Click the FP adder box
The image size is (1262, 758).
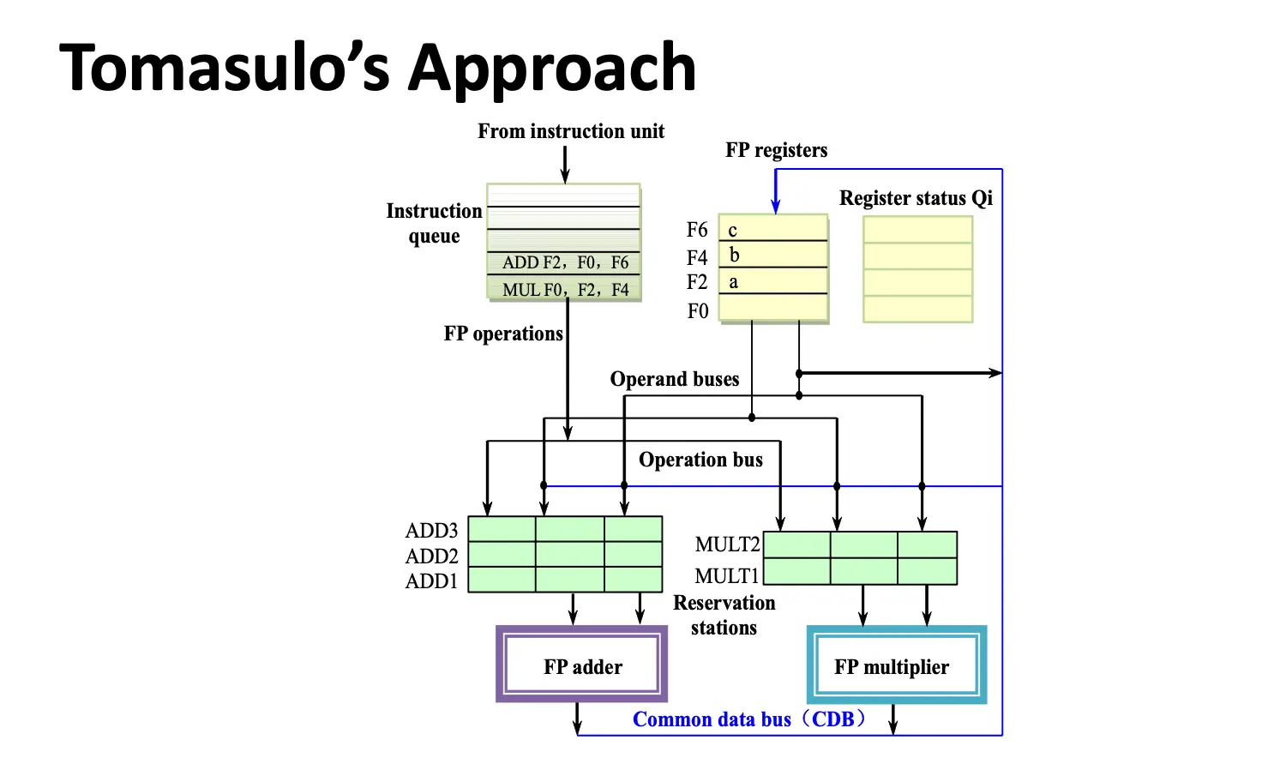tap(582, 665)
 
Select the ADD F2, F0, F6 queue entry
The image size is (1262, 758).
tap(564, 262)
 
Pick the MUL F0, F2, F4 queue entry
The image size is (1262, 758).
tap(564, 290)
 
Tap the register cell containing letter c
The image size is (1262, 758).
tap(772, 229)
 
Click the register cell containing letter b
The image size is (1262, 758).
tap(772, 255)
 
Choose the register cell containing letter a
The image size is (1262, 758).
tap(772, 281)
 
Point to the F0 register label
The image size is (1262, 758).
tap(698, 311)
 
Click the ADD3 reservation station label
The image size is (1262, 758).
tap(431, 531)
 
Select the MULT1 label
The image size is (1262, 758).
tap(727, 576)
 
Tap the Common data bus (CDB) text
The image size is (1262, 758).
tap(749, 719)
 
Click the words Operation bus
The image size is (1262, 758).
tap(700, 460)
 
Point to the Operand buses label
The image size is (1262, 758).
tap(675, 379)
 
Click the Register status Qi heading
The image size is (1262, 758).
tap(916, 198)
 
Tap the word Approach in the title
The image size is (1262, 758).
tap(552, 69)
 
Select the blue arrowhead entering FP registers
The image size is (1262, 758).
tap(775, 206)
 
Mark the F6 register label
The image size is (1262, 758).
tap(697, 230)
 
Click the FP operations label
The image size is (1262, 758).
tap(503, 334)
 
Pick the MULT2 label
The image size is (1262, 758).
tap(727, 544)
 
